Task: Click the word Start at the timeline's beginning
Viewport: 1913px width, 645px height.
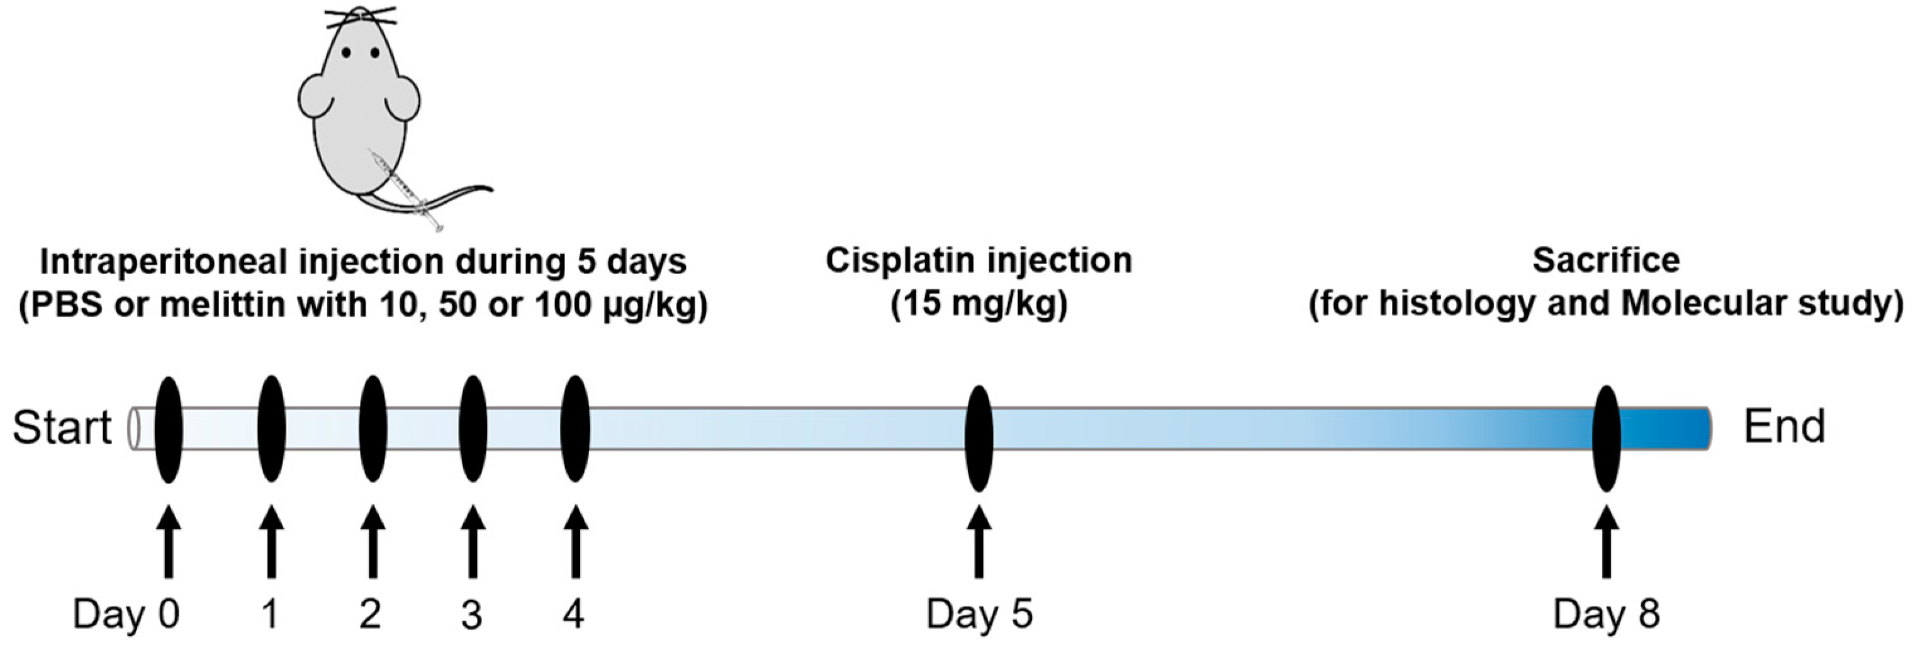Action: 62,428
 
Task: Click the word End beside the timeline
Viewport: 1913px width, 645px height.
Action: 1784,427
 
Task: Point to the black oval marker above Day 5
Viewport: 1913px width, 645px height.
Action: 979,438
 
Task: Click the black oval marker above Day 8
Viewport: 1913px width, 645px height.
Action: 1607,438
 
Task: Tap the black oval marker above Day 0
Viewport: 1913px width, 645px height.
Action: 169,429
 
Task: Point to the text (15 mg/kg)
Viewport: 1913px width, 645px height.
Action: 979,304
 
